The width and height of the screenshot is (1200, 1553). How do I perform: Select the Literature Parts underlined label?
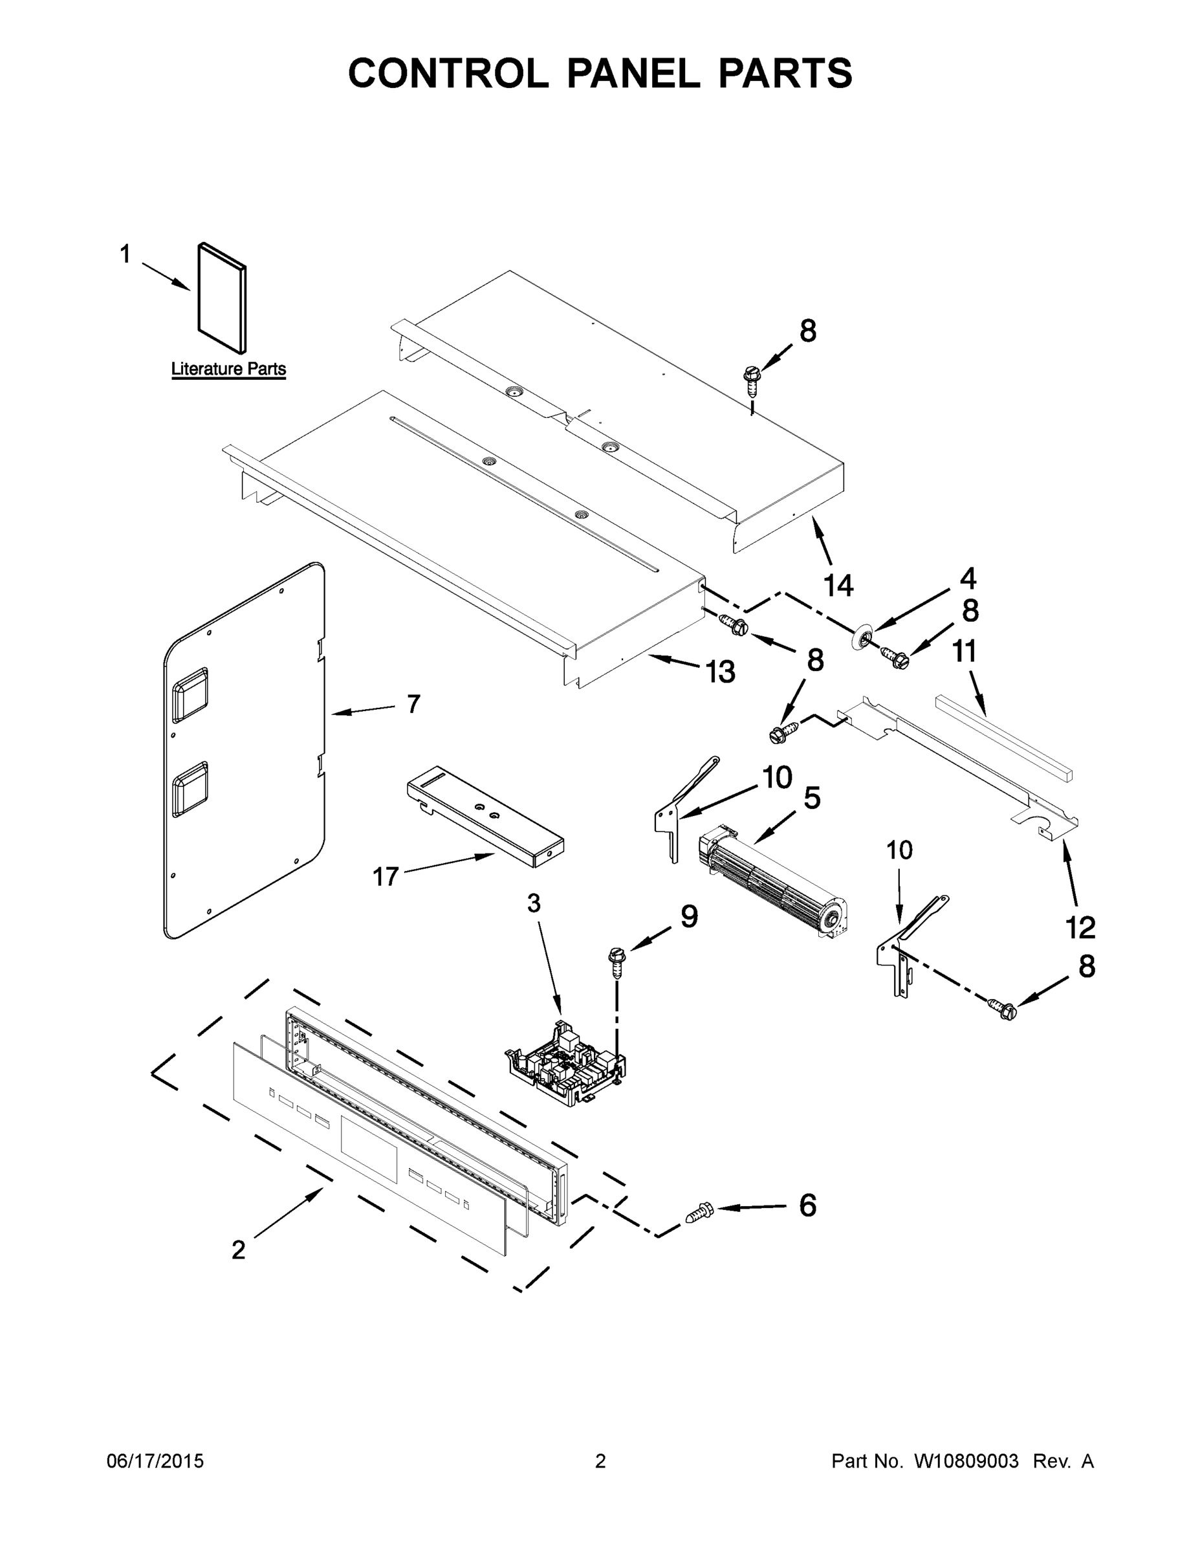228,369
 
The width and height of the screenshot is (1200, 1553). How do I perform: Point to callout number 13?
720,671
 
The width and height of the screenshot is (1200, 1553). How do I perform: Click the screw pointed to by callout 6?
699,1212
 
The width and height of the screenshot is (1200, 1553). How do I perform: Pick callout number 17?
386,877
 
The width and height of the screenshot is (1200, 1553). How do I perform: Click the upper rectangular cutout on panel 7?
191,694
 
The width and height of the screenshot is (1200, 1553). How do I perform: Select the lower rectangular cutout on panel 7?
191,788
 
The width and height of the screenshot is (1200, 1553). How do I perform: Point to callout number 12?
1080,927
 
